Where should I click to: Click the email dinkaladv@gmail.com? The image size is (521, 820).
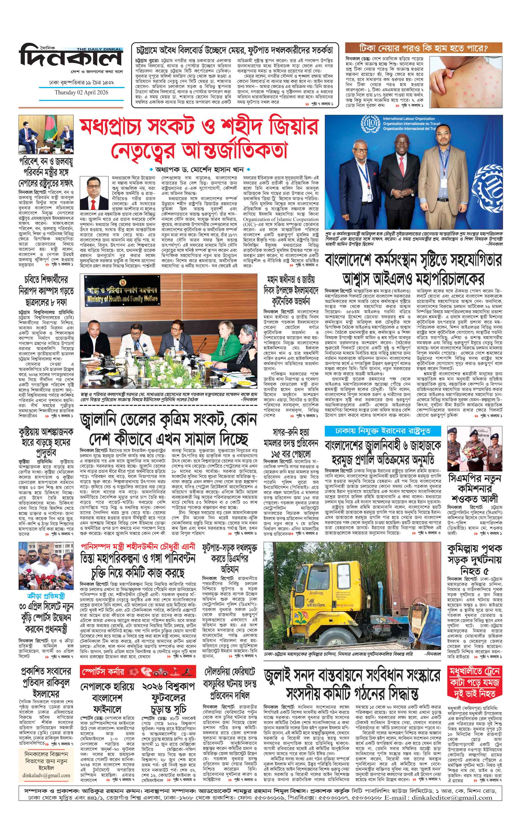point(47,735)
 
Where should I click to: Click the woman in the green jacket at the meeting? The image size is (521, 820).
point(222,346)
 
